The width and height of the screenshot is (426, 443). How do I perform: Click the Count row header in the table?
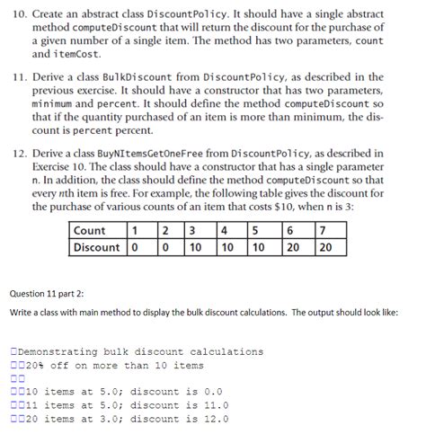point(89,230)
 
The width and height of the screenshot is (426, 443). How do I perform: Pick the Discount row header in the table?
point(97,246)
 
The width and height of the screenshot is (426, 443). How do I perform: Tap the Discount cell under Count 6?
point(291,246)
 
